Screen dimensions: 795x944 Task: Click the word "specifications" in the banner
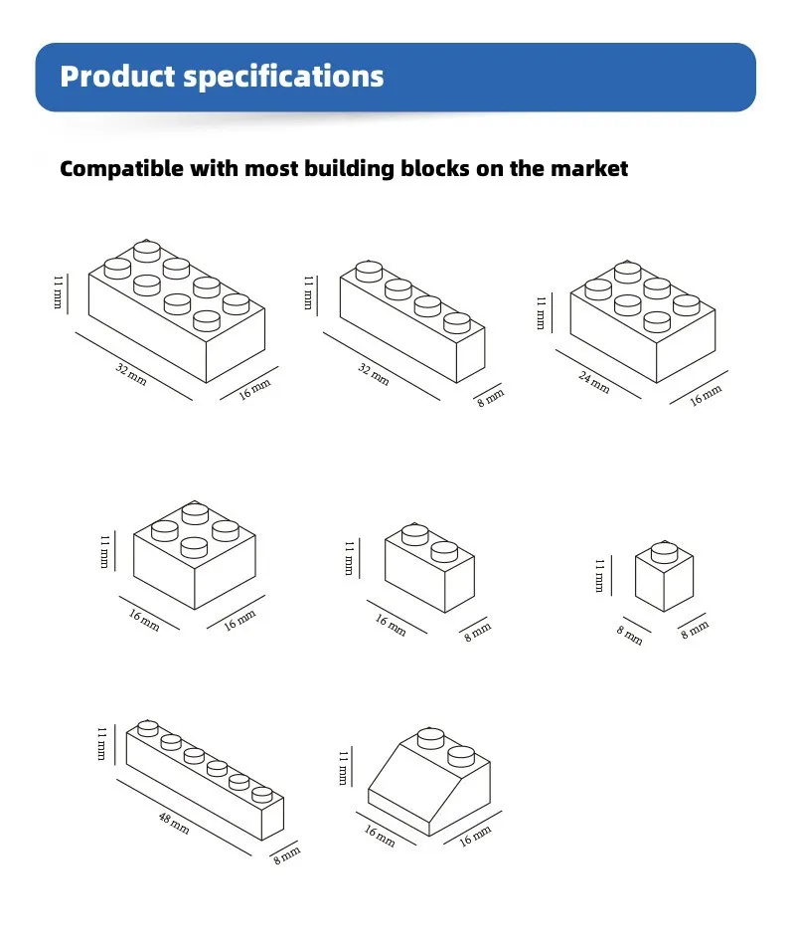283,77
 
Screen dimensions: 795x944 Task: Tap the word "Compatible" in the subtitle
121,168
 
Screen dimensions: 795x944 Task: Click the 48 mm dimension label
174,823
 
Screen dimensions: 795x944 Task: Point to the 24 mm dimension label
594,382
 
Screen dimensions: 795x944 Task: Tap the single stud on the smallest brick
664,551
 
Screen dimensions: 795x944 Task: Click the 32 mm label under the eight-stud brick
131,374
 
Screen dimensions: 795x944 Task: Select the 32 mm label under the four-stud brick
374,374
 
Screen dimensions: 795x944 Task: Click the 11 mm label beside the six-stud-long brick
101,743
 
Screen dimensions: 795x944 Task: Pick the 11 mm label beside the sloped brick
344,767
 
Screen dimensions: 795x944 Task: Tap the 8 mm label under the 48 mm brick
287,855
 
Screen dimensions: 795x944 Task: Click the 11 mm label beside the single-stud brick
599,575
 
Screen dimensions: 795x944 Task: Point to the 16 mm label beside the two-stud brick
391,625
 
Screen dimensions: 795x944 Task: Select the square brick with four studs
194,555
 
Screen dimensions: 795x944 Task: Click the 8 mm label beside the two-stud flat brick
477,632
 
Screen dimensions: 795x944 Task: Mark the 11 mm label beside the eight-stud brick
58,292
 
